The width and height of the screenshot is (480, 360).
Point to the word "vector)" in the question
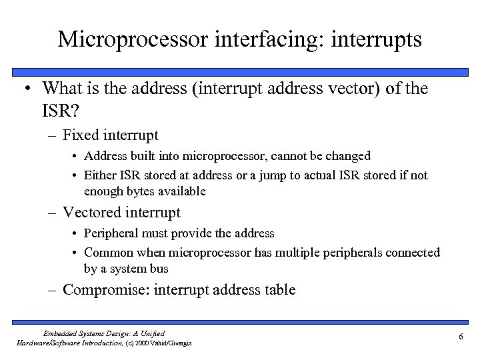[x=338, y=88]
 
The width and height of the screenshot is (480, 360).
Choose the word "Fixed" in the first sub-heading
[x=81, y=135]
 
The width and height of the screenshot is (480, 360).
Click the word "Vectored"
[x=93, y=213]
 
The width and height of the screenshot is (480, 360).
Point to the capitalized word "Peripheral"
[x=114, y=233]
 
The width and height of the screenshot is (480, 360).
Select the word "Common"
[x=107, y=253]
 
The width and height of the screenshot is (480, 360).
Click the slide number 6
[x=461, y=337]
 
